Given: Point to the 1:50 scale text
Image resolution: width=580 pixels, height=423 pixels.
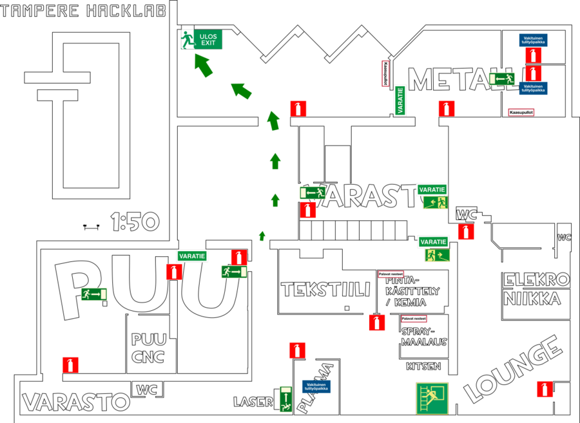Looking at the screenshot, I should pyautogui.click(x=135, y=222).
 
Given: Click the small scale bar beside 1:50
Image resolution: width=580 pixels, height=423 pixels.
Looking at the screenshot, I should pyautogui.click(x=90, y=226).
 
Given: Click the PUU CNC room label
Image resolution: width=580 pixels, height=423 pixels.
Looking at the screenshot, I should pyautogui.click(x=148, y=348).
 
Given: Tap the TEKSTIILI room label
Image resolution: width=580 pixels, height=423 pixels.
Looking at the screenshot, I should pyautogui.click(x=325, y=289).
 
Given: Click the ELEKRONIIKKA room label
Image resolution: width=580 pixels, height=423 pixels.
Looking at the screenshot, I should pyautogui.click(x=536, y=289).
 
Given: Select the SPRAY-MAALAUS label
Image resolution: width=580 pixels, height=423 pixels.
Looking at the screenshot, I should pyautogui.click(x=423, y=337).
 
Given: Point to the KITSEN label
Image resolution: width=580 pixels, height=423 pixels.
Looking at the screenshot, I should pyautogui.click(x=423, y=366).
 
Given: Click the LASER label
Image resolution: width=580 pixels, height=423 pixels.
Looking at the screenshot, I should pyautogui.click(x=253, y=402).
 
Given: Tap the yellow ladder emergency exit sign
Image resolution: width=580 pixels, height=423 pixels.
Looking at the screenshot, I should pyautogui.click(x=432, y=399).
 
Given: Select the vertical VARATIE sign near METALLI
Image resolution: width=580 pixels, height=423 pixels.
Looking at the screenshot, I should pyautogui.click(x=400, y=100).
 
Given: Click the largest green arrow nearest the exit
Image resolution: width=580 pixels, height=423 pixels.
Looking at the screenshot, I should pyautogui.click(x=203, y=65).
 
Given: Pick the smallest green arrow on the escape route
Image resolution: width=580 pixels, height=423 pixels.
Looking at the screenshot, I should pyautogui.click(x=262, y=236).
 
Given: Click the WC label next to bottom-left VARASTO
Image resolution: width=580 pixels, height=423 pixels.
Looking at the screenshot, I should pyautogui.click(x=147, y=390).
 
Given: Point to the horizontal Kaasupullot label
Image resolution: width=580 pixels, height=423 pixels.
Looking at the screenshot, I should pyautogui.click(x=521, y=113).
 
